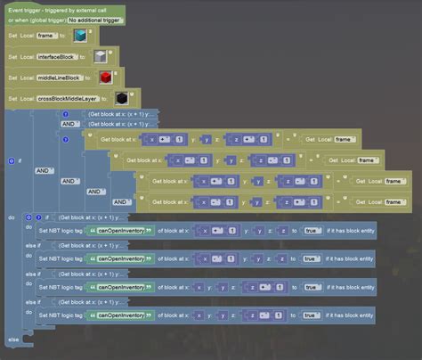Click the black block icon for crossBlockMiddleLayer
click(x=123, y=97)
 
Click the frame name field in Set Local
click(x=51, y=36)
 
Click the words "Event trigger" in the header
click(x=26, y=8)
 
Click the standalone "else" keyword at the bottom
click(x=12, y=340)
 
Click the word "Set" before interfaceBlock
click(x=12, y=56)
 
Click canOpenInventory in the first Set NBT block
click(x=120, y=231)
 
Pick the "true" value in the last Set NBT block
click(x=310, y=315)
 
